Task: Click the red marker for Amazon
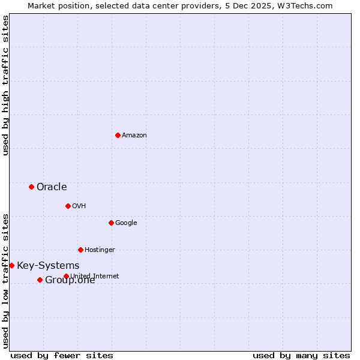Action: click(x=118, y=135)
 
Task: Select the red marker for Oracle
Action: click(x=31, y=187)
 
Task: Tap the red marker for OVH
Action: click(x=68, y=206)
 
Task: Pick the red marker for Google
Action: click(x=111, y=223)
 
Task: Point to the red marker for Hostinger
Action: click(x=80, y=250)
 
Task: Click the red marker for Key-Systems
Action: click(x=11, y=265)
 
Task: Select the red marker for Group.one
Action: click(x=40, y=280)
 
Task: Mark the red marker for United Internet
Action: click(x=66, y=276)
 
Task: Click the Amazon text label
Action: click(x=134, y=136)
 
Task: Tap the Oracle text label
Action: click(x=52, y=187)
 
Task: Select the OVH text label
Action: click(x=79, y=206)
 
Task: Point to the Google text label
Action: click(x=126, y=223)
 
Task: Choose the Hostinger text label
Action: click(x=100, y=250)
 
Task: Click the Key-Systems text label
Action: click(x=48, y=266)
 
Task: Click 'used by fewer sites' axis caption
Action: click(x=62, y=355)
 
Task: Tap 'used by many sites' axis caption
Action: click(x=301, y=355)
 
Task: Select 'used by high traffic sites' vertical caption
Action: click(x=5, y=85)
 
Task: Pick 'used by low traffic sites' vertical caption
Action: click(x=5, y=281)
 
